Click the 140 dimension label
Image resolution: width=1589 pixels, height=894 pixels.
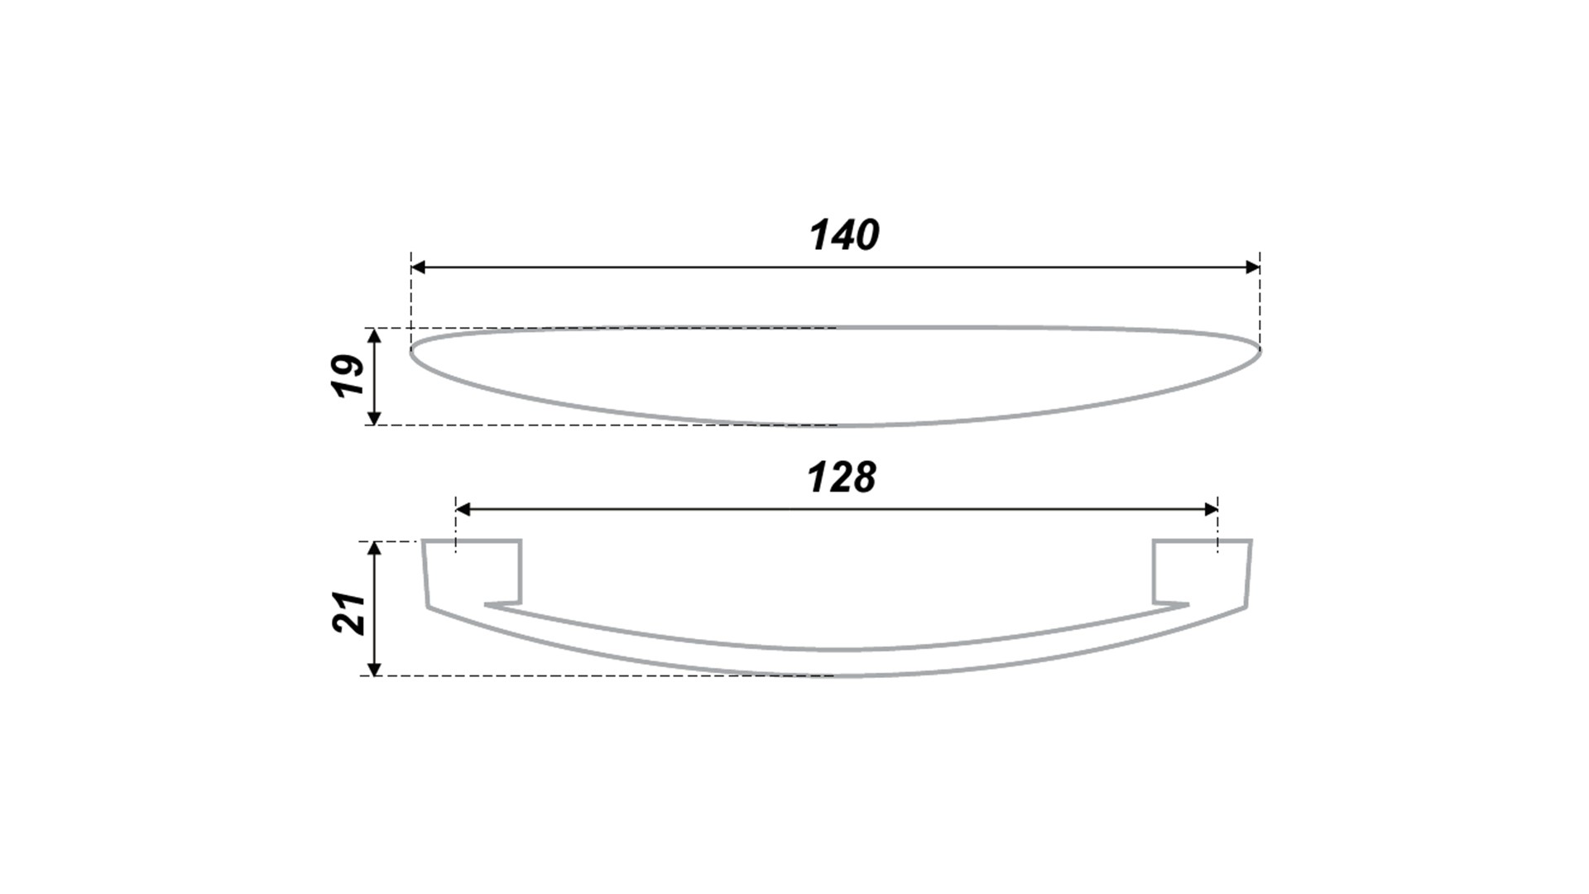point(844,235)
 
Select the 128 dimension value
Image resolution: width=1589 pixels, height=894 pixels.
point(842,478)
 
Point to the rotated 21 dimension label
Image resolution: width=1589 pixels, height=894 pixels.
point(349,613)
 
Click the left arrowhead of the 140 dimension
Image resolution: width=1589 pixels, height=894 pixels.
point(418,267)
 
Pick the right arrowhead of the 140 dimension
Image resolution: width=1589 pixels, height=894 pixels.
point(1252,267)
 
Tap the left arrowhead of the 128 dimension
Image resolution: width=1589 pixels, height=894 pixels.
point(463,509)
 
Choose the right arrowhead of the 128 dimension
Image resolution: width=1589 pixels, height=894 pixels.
point(1210,509)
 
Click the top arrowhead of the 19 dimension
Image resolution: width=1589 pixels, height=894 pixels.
point(374,336)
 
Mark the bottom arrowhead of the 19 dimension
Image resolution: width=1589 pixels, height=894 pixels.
point(374,417)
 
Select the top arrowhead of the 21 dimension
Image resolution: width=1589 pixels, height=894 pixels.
point(374,550)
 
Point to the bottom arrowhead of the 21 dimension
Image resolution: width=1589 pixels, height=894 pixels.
point(374,668)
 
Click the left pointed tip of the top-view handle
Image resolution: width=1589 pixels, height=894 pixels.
point(411,350)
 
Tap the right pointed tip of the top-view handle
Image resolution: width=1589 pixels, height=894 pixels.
point(1260,350)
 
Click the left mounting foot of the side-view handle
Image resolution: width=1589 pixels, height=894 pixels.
point(473,573)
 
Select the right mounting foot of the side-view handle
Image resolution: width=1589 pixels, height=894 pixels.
point(1202,573)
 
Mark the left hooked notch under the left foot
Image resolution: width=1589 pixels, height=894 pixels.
point(502,603)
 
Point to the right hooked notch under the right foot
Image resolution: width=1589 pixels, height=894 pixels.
point(1171,603)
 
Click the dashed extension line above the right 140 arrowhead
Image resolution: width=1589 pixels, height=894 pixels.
point(1260,298)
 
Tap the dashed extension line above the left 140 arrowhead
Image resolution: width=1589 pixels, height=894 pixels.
point(411,298)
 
